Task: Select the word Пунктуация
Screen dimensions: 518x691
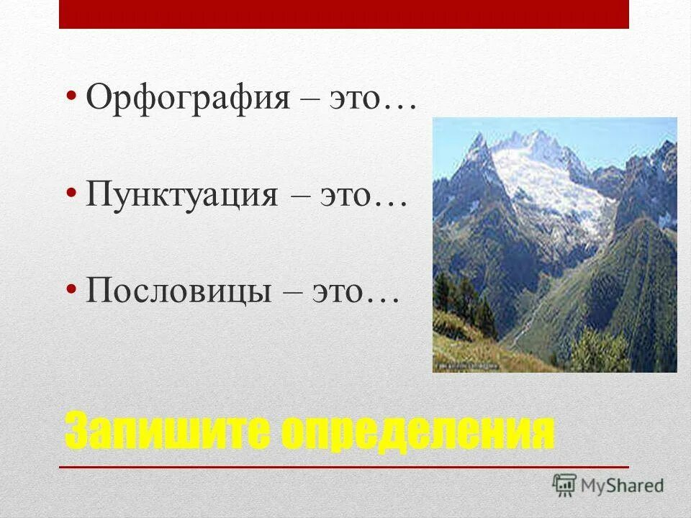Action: pyautogui.click(x=181, y=194)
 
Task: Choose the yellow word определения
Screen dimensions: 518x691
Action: pyautogui.click(x=417, y=432)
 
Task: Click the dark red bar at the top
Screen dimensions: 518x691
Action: pyautogui.click(x=344, y=14)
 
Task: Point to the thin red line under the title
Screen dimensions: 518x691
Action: pyautogui.click(x=344, y=468)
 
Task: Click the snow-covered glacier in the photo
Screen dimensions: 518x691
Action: pyautogui.click(x=547, y=180)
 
